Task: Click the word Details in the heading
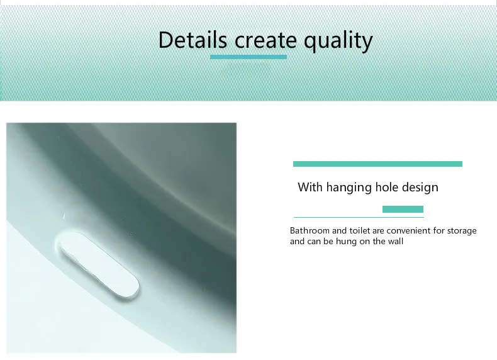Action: tap(193, 40)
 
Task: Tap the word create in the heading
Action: tap(265, 41)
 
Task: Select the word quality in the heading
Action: tap(338, 42)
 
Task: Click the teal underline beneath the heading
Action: tap(248, 57)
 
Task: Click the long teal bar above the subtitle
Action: tap(377, 164)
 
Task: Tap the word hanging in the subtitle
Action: tap(349, 188)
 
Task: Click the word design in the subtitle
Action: tap(420, 188)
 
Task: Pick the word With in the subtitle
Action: tap(310, 187)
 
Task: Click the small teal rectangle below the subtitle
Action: tap(403, 210)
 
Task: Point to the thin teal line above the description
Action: tap(359, 217)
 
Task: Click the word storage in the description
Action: tap(462, 231)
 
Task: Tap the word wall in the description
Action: tap(397, 241)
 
